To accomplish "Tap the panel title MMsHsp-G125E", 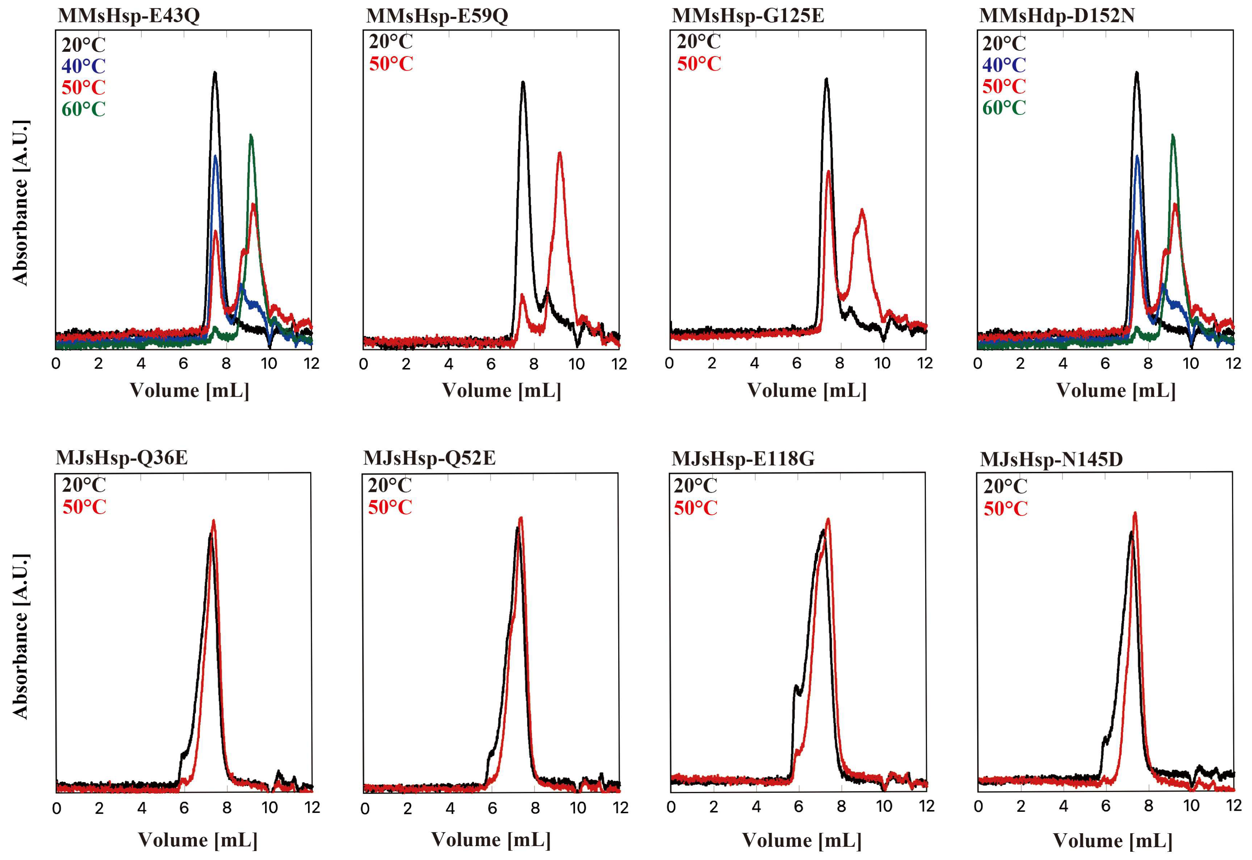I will pyautogui.click(x=748, y=16).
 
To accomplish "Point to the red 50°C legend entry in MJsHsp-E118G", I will pyautogui.click(x=696, y=508).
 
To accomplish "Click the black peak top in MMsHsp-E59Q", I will pyautogui.click(x=522, y=82).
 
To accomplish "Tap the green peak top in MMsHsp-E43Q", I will pyautogui.click(x=251, y=135).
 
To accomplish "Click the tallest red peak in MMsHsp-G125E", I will pyautogui.click(x=829, y=171).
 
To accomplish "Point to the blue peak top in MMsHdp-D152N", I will pyautogui.click(x=1138, y=156).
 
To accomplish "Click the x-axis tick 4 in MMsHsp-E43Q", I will pyautogui.click(x=141, y=364).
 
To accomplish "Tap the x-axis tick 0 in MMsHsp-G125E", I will pyautogui.click(x=669, y=364).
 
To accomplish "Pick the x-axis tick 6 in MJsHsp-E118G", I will pyautogui.click(x=799, y=807).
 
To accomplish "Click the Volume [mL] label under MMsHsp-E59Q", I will pyautogui.click(x=501, y=391).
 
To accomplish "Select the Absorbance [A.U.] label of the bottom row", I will pyautogui.click(x=20, y=636).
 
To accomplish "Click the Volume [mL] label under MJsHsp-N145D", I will pyautogui.click(x=1112, y=841).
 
